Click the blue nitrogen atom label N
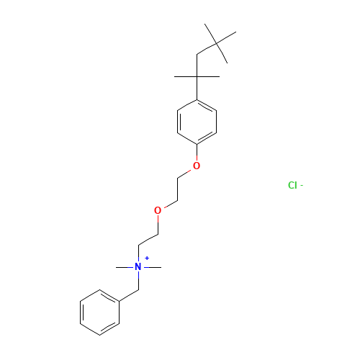click(138, 267)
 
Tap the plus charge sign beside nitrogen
click(147, 258)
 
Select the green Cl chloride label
click(292, 185)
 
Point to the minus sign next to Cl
click(302, 185)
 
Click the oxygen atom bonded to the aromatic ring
click(197, 166)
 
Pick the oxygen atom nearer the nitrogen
click(158, 210)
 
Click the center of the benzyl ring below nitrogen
click(100, 312)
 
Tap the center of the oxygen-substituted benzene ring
click(197, 122)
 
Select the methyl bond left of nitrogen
click(125, 267)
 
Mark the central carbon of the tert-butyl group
click(216, 43)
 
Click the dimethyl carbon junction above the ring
click(197, 77)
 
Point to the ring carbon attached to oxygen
click(197, 145)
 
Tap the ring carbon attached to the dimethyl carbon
click(197, 99)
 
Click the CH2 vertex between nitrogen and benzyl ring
click(138, 290)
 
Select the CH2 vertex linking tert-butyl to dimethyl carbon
click(197, 55)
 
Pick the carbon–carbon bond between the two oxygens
click(178, 189)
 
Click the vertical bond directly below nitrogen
click(138, 281)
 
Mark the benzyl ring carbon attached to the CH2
click(120, 301)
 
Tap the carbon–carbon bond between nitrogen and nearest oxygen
click(148, 240)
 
